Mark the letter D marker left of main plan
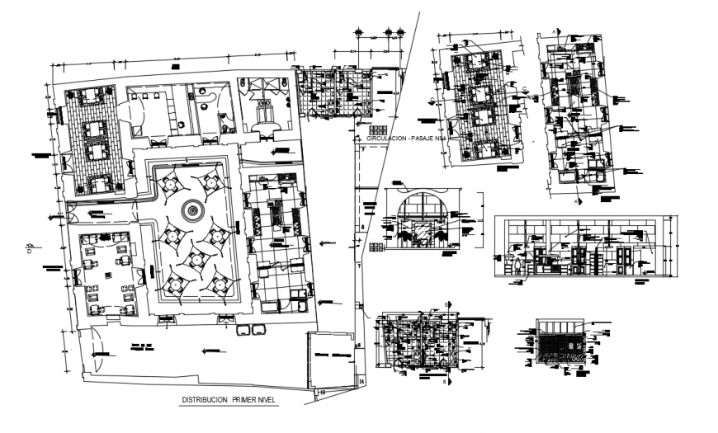click(x=30, y=251)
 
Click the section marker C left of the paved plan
click(x=432, y=100)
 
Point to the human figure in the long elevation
click(x=517, y=263)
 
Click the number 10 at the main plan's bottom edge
click(x=324, y=393)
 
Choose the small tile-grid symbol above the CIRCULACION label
click(x=378, y=130)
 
